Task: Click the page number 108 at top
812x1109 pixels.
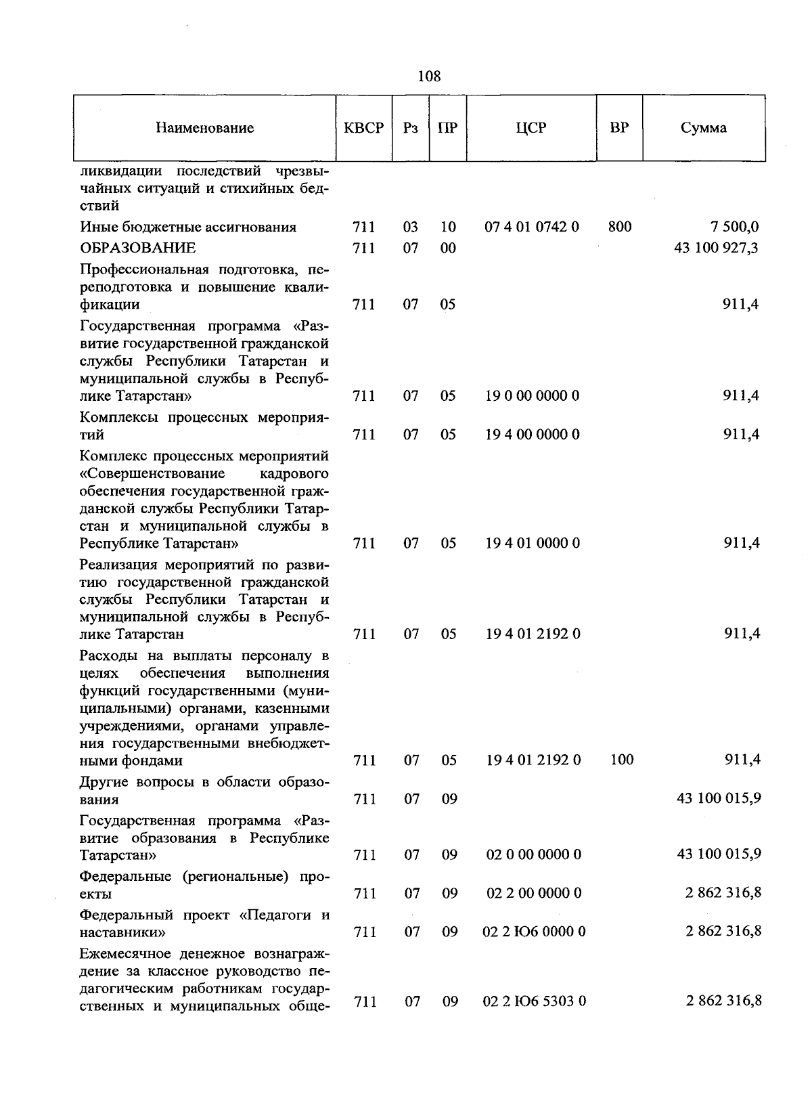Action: pyautogui.click(x=429, y=77)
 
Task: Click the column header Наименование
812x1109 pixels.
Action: pyautogui.click(x=204, y=128)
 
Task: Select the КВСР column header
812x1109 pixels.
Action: pyautogui.click(x=363, y=128)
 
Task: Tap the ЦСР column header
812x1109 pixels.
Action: pyautogui.click(x=531, y=128)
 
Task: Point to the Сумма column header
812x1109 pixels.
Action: pyautogui.click(x=704, y=128)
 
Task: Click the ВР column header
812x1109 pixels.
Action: pyautogui.click(x=618, y=127)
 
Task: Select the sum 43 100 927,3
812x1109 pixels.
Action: pyautogui.click(x=716, y=248)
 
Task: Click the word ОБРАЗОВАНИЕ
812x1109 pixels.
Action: pyautogui.click(x=138, y=248)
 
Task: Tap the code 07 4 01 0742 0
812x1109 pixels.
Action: pyautogui.click(x=532, y=227)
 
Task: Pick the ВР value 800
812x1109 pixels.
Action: pyautogui.click(x=620, y=227)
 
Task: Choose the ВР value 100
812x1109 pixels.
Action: pyautogui.click(x=621, y=760)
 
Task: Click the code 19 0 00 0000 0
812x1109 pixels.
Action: pyautogui.click(x=533, y=395)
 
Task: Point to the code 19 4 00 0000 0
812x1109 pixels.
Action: pyautogui.click(x=533, y=434)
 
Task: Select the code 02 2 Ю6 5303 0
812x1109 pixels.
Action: pyautogui.click(x=535, y=1001)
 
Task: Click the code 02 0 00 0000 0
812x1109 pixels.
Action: pyautogui.click(x=534, y=854)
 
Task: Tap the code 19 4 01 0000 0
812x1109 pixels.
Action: pyautogui.click(x=533, y=543)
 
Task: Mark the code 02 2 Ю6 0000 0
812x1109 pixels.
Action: pyautogui.click(x=535, y=932)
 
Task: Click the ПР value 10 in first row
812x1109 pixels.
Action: pyautogui.click(x=448, y=227)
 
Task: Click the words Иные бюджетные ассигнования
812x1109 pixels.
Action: pyautogui.click(x=188, y=227)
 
